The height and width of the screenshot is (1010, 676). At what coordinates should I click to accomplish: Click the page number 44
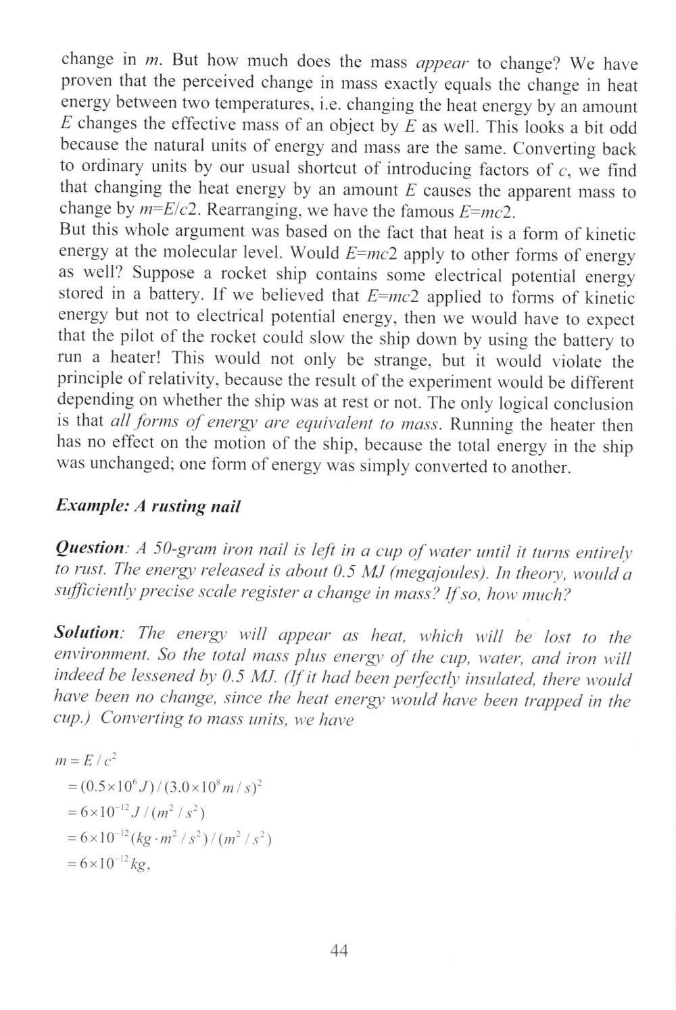(x=339, y=951)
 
